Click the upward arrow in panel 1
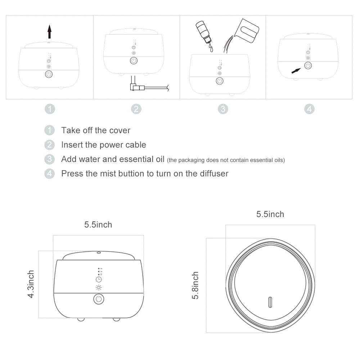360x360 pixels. click(50, 32)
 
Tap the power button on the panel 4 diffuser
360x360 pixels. click(308, 66)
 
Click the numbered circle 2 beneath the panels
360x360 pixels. click(136, 109)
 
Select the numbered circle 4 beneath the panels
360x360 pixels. click(309, 109)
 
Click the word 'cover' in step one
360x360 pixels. click(120, 130)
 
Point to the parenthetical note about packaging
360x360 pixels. click(226, 160)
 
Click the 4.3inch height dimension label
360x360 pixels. click(31, 284)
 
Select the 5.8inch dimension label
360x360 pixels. click(195, 285)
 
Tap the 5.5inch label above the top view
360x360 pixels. click(270, 214)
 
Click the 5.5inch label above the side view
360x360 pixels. click(98, 225)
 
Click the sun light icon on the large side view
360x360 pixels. click(99, 287)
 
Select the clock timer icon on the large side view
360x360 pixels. click(99, 279)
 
